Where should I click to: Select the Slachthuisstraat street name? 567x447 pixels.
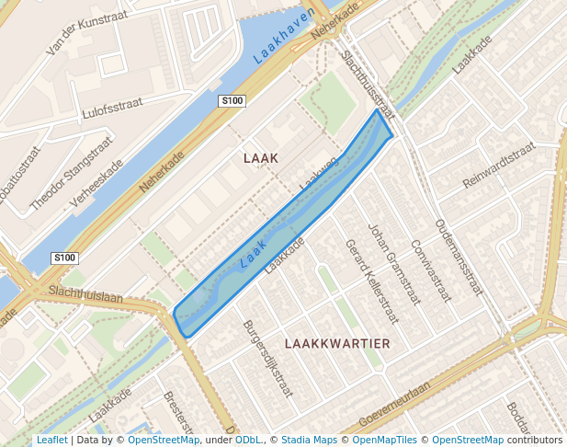point(367,85)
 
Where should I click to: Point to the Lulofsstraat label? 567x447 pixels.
point(113,110)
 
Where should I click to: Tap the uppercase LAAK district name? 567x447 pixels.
point(261,158)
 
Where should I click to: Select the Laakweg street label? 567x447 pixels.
point(319,174)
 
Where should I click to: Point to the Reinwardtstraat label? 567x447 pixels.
point(498,166)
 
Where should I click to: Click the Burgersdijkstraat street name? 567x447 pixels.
point(267,358)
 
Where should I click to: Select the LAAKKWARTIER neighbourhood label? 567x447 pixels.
point(337,343)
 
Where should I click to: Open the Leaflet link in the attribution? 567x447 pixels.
point(51,441)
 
